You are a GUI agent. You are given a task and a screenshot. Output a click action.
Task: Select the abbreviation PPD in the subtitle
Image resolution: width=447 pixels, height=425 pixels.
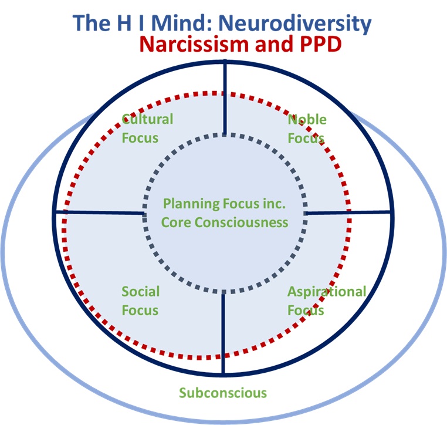point(319,45)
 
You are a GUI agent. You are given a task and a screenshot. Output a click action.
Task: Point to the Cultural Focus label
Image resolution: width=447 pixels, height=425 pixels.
point(147,129)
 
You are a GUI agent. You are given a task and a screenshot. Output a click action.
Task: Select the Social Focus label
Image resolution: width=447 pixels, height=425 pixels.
point(140,301)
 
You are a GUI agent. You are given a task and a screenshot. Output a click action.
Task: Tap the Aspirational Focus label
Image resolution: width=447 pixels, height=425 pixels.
point(326,301)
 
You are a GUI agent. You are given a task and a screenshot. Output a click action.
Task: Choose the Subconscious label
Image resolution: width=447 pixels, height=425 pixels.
point(223,393)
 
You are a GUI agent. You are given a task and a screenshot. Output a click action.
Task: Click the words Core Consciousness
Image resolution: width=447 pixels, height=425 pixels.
point(225,222)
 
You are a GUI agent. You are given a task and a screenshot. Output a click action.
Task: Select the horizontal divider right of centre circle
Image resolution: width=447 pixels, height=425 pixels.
point(349,212)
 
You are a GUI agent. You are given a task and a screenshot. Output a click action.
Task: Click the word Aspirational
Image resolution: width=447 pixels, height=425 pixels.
point(326,292)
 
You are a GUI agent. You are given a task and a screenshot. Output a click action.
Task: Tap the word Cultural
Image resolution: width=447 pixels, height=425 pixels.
point(147,119)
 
